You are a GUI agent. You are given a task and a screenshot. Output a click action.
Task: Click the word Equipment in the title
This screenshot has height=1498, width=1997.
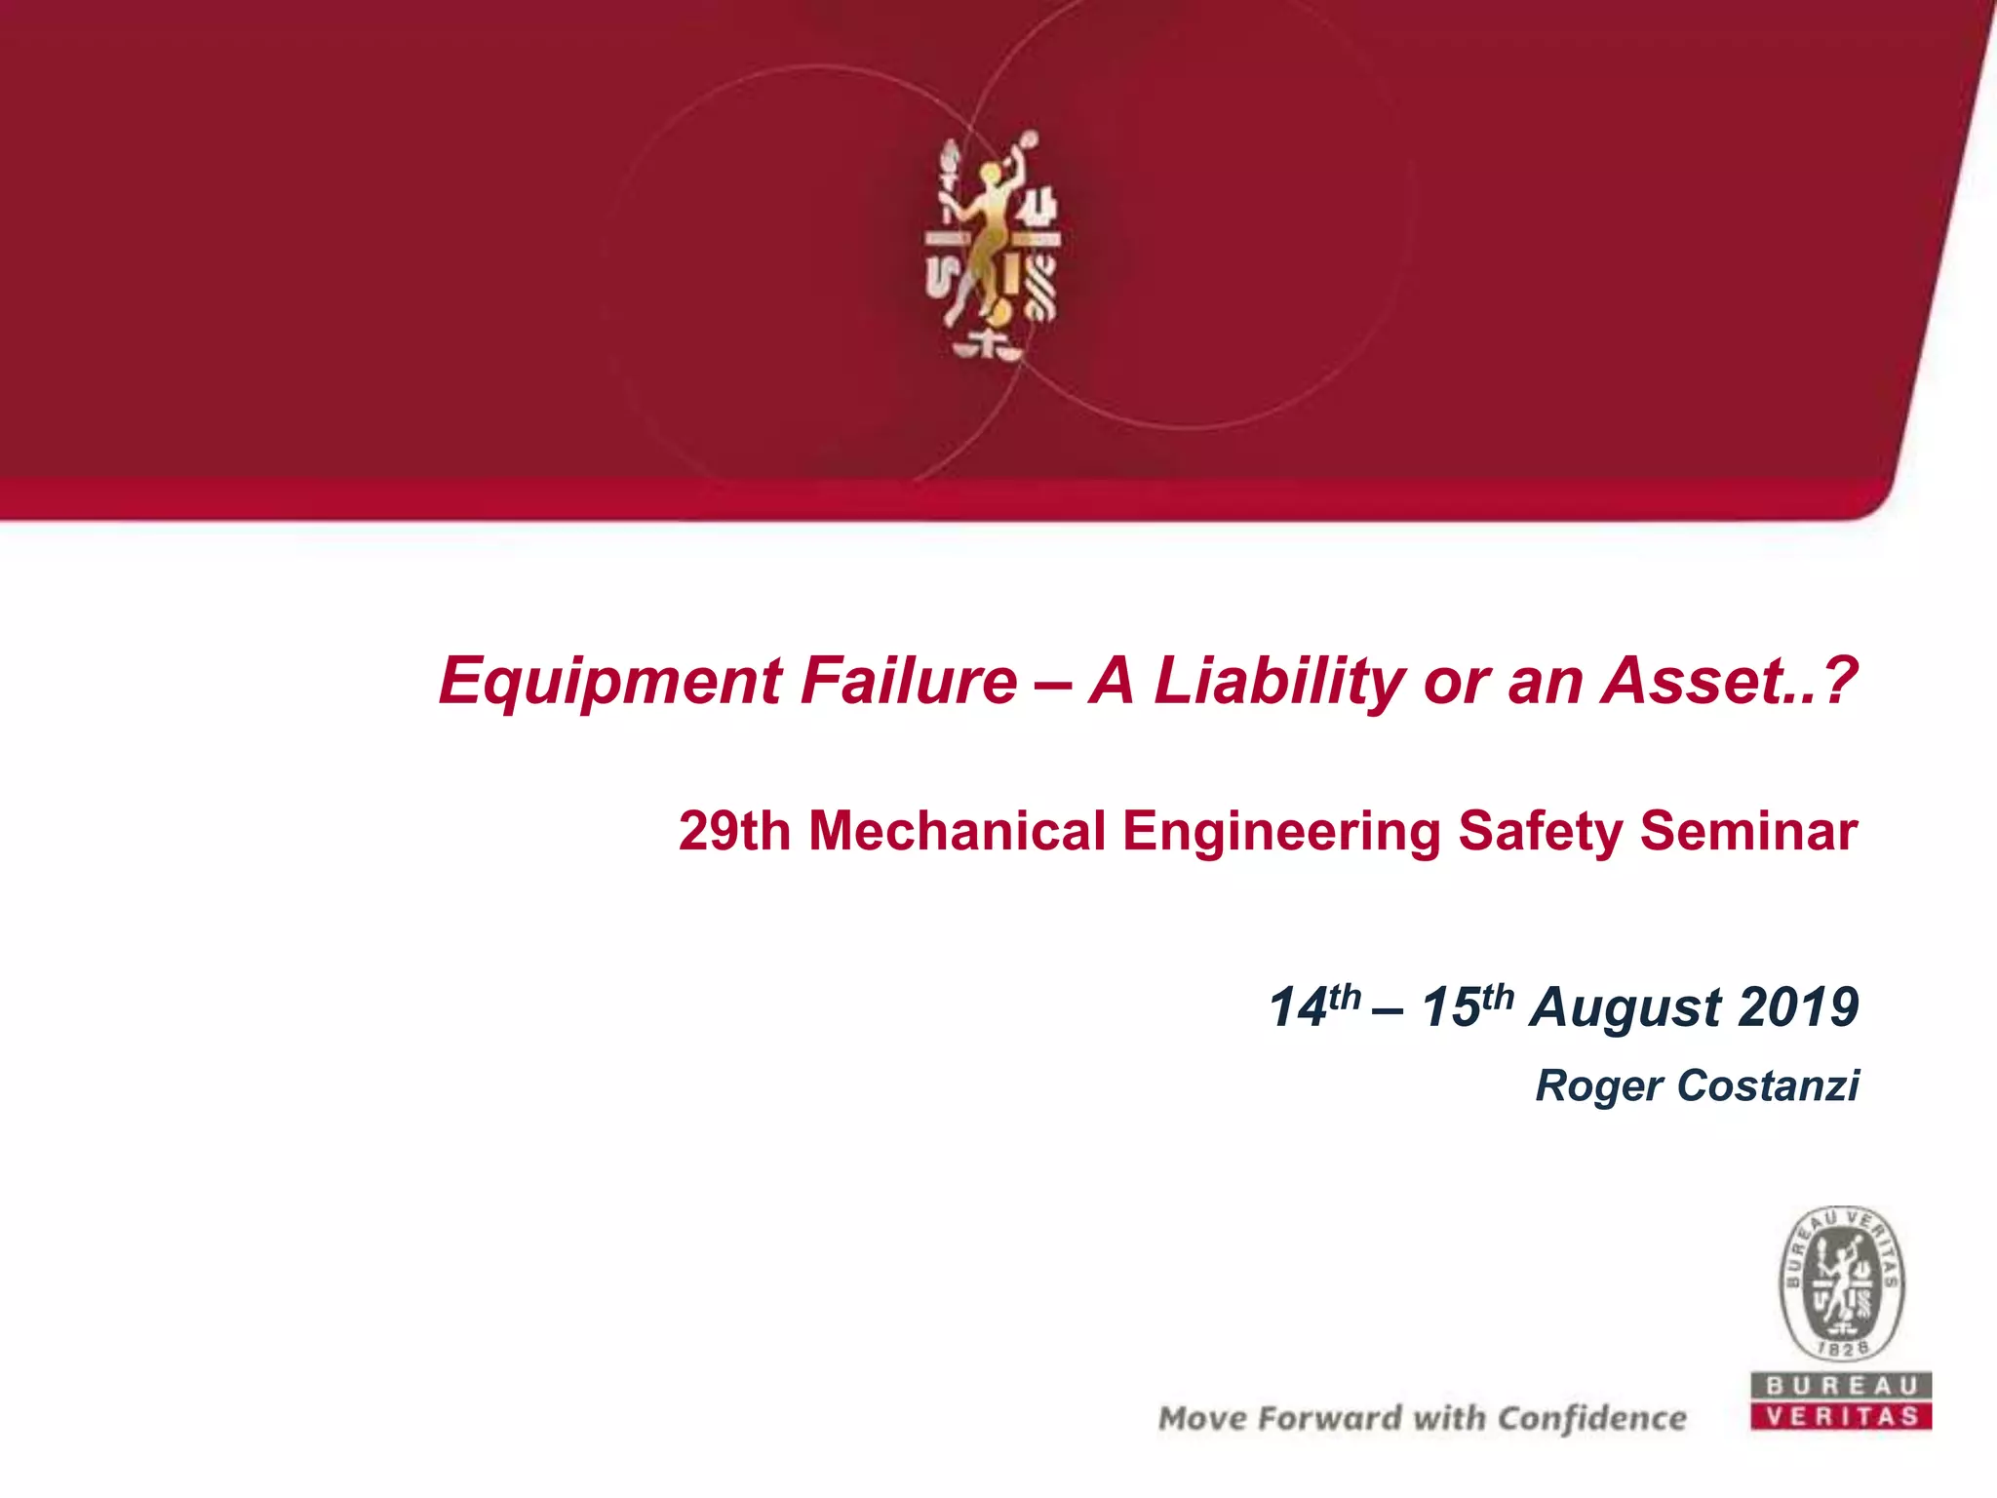click(x=609, y=681)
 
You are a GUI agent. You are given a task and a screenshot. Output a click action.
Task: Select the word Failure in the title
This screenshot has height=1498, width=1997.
click(x=908, y=681)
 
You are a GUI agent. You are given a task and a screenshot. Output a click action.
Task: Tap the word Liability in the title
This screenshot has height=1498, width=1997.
click(x=1278, y=681)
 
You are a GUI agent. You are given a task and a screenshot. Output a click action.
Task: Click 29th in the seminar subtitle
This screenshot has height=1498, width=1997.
click(x=734, y=832)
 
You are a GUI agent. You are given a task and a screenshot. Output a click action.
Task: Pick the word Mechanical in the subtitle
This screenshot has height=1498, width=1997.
click(x=957, y=832)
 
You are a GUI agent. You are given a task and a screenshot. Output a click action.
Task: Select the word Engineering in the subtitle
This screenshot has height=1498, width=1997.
click(x=1281, y=832)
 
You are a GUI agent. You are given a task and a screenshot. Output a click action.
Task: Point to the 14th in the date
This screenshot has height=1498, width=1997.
click(x=1312, y=1006)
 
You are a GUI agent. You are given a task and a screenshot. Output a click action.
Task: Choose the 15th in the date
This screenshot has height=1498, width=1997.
click(x=1467, y=1006)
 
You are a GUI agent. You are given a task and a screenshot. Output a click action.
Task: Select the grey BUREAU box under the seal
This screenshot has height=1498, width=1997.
click(x=1841, y=1386)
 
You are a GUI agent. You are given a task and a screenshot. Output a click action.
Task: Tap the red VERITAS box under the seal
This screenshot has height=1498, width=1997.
click(x=1841, y=1416)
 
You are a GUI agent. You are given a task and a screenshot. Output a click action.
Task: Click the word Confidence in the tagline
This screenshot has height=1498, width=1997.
click(x=1591, y=1418)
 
